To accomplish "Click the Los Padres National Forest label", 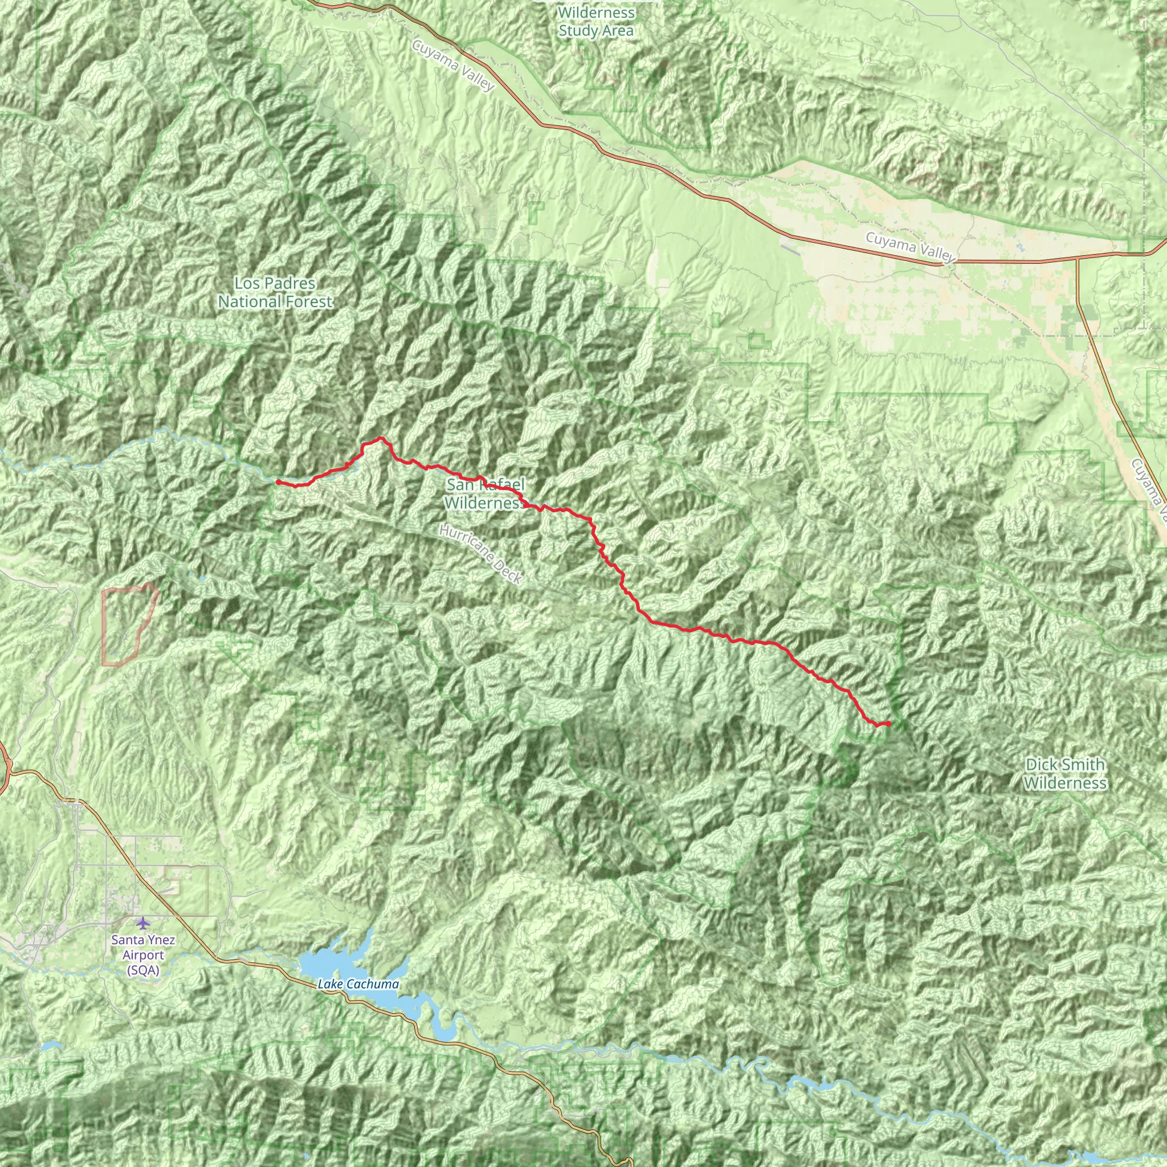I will click(275, 292).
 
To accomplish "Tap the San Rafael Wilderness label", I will click(485, 493).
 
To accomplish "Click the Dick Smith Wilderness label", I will click(1065, 774).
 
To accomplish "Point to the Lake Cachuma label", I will click(358, 984).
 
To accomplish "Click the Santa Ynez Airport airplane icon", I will click(142, 923).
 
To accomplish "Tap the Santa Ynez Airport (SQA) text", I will click(143, 955).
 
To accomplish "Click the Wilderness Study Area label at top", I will click(595, 22).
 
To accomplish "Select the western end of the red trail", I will click(278, 482).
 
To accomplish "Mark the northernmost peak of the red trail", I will click(381, 438).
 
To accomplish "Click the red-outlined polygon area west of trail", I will click(128, 625).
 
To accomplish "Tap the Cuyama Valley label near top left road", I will click(454, 65).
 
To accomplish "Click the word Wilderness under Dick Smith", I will click(1065, 784).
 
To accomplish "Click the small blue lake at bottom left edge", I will click(52, 1046).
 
